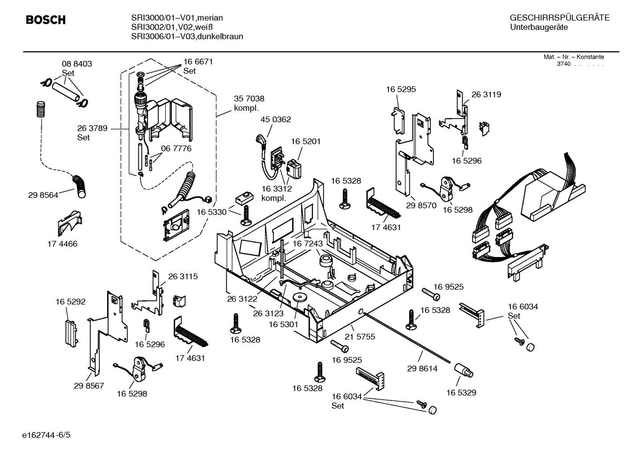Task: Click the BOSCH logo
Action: (46, 20)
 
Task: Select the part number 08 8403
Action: (76, 64)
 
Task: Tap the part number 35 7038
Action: (249, 99)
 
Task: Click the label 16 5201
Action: (305, 141)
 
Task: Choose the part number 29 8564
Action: (43, 195)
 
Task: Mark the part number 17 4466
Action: (62, 244)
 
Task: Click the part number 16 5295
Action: (401, 89)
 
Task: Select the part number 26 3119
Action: (486, 95)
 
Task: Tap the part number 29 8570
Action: (421, 205)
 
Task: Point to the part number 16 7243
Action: (307, 244)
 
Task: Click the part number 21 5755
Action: (360, 337)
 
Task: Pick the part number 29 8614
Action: (422, 369)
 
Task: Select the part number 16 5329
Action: (461, 393)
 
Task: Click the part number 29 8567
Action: (89, 385)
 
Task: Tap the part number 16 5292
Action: (70, 302)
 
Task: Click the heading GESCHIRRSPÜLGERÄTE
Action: (559, 18)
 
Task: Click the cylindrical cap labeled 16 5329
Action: (464, 370)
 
